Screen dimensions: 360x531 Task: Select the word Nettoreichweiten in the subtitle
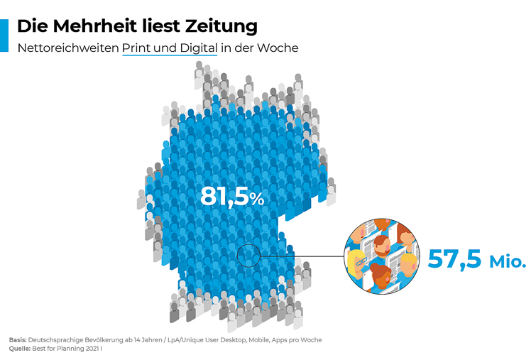coord(67,48)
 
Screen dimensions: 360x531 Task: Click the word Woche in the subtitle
coord(280,48)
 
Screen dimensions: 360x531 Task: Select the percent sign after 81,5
coord(257,199)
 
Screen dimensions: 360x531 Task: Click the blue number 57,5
coord(454,258)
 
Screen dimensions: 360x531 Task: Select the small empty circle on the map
coord(248,255)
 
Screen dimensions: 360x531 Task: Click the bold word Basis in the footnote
coord(17,340)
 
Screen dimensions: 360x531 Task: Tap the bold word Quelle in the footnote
coord(19,349)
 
